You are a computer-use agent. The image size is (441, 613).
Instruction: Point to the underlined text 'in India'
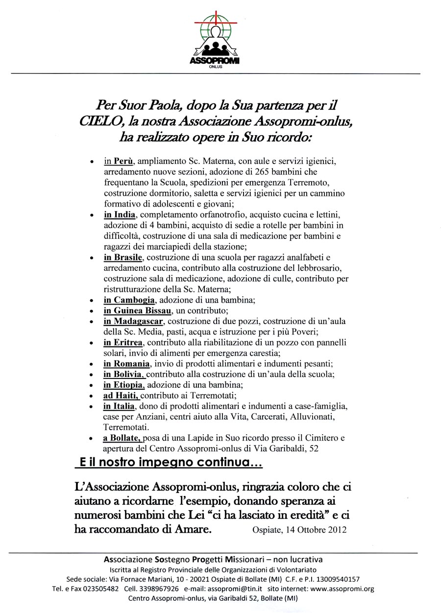[119, 215]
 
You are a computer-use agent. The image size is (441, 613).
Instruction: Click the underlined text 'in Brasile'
[122, 257]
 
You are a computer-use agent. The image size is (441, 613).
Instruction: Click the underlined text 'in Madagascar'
[133, 321]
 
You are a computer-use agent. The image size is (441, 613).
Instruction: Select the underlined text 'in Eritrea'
[122, 342]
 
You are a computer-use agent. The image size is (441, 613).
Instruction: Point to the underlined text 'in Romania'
[126, 364]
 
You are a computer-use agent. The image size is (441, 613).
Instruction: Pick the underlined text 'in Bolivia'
[124, 375]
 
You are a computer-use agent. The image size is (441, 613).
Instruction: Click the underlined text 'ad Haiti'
[121, 396]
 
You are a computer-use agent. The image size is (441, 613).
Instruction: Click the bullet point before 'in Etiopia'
[92, 386]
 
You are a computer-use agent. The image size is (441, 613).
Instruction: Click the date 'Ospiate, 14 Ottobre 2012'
[299, 530]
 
